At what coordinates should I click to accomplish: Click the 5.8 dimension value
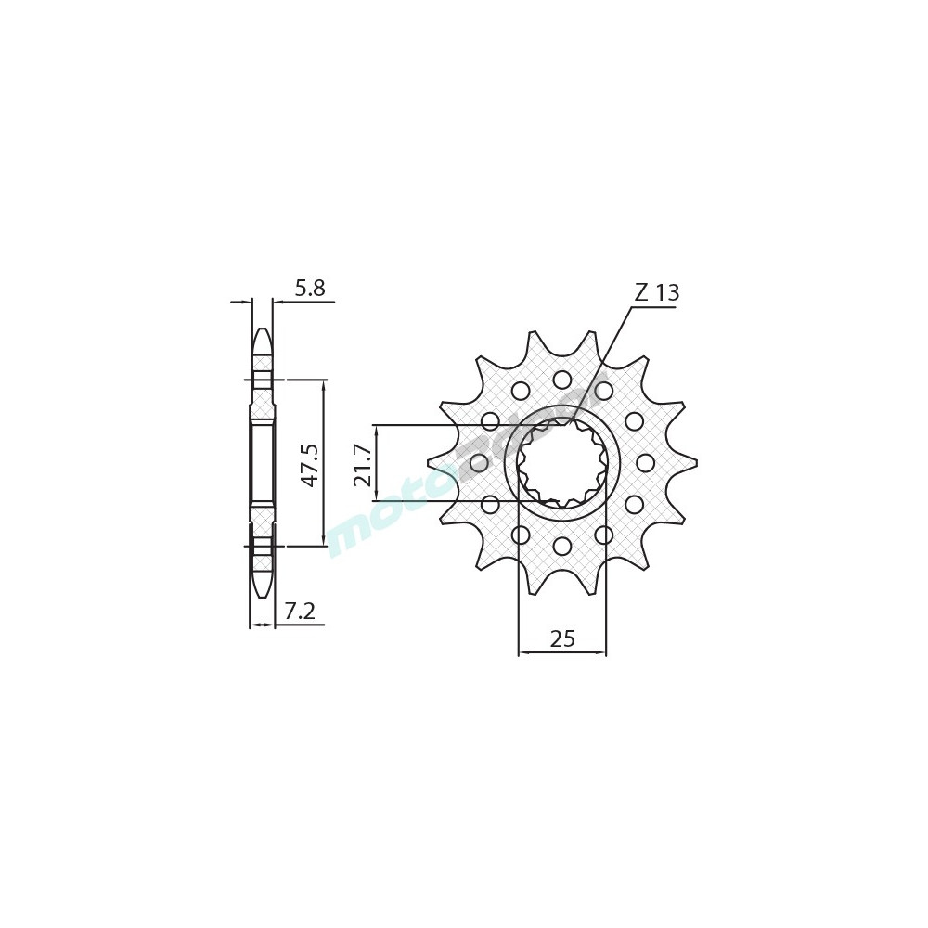(309, 289)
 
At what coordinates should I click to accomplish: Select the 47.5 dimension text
(309, 464)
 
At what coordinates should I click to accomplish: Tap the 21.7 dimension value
(363, 464)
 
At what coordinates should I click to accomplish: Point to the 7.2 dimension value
(299, 612)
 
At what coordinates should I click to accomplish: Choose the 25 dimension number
(562, 638)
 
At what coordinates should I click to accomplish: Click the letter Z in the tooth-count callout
(641, 292)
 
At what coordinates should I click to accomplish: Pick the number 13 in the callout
(666, 293)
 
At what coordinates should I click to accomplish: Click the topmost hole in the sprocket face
(562, 380)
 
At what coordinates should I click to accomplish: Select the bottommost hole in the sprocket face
(562, 546)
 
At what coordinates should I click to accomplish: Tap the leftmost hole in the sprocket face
(479, 462)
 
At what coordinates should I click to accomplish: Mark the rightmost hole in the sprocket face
(645, 462)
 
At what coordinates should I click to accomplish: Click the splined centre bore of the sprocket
(562, 462)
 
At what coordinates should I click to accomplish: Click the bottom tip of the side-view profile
(263, 594)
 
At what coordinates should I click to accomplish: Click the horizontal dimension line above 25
(562, 652)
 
